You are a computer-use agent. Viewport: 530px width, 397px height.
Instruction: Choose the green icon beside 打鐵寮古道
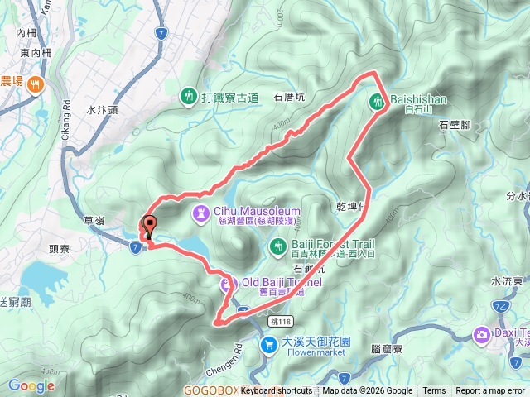pos(189,96)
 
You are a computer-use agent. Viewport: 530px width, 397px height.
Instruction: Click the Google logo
pos(31,385)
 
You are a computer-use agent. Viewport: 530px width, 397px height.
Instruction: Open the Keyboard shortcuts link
pos(277,391)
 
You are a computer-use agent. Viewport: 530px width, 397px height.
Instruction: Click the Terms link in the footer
pos(434,391)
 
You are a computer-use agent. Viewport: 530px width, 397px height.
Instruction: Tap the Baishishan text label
pos(418,99)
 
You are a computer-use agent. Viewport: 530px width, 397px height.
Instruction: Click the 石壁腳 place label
pos(455,125)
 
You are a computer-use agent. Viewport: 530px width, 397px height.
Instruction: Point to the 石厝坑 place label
pos(290,97)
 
